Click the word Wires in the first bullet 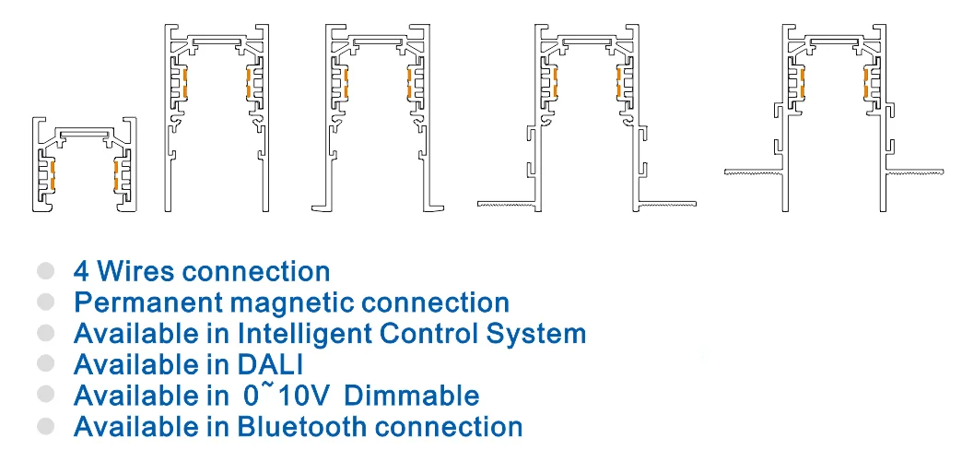[135, 271]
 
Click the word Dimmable [412, 396]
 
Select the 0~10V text [287, 394]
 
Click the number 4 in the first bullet [82, 271]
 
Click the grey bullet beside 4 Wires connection [45, 271]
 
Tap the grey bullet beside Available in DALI [45, 363]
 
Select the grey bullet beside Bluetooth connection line [45, 425]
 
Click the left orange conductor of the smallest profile [53, 175]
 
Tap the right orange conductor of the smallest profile [115, 175]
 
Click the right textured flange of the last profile [914, 171]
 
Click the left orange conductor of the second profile [184, 84]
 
